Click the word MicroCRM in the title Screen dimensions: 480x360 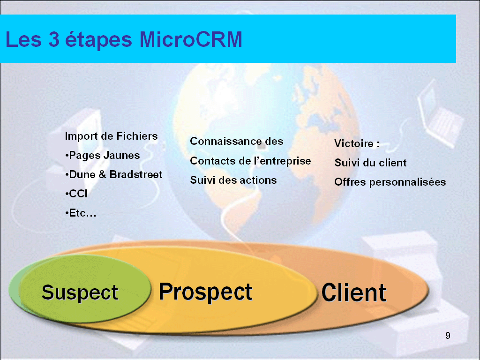click(191, 39)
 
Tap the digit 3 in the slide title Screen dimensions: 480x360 click(54, 39)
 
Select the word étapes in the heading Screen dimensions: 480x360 click(98, 40)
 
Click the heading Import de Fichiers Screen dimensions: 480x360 click(111, 136)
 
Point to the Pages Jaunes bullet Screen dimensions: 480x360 click(103, 156)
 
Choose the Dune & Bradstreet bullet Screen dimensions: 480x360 click(113, 174)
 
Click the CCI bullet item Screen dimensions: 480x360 click(76, 194)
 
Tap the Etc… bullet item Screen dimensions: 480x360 click(81, 213)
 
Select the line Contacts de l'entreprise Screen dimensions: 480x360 click(250, 161)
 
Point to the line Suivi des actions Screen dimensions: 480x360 click(233, 180)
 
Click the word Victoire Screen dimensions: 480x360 click(354, 143)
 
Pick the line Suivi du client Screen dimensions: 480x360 click(370, 163)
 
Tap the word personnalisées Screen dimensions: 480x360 click(407, 182)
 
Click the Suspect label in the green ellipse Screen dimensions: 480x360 click(80, 292)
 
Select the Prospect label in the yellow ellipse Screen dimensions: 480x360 click(205, 292)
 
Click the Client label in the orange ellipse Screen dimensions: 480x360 click(354, 292)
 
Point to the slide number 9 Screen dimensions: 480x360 click(448, 336)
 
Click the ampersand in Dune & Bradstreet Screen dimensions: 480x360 click(102, 174)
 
